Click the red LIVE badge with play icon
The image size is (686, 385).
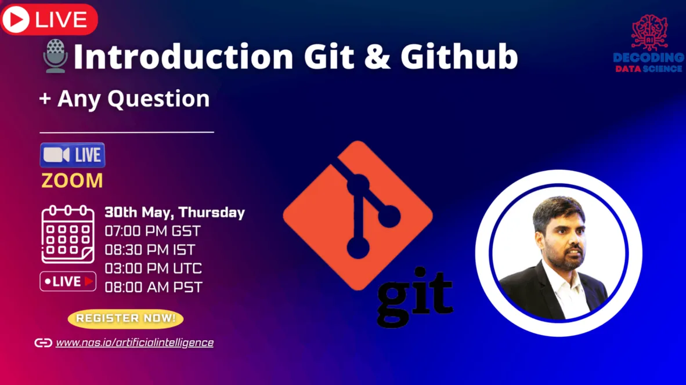tap(49, 19)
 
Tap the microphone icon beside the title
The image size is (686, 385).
tap(56, 56)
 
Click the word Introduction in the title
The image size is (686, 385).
tap(183, 56)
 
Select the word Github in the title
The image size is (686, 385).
tap(459, 56)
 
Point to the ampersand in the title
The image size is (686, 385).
tap(377, 57)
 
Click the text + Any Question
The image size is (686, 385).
tap(125, 99)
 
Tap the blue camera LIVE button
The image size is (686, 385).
tap(73, 155)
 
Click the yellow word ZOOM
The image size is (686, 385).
tap(72, 181)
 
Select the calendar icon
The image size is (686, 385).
tap(68, 234)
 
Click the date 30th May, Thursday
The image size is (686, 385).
tap(175, 212)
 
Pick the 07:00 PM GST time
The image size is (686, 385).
tap(153, 231)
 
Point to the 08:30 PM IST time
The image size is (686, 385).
tap(150, 249)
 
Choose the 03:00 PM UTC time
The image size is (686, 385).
tap(153, 268)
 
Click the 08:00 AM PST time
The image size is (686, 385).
tap(154, 287)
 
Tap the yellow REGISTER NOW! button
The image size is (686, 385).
tap(125, 318)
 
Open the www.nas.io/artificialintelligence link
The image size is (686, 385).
tap(135, 343)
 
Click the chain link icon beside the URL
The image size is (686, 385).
tap(44, 343)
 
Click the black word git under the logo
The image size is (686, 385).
tap(415, 296)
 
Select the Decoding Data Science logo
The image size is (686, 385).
tap(649, 43)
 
